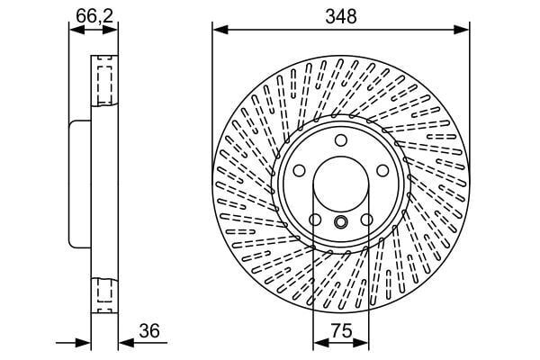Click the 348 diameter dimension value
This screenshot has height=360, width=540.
click(x=341, y=16)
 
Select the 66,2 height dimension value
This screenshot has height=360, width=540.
click(x=87, y=14)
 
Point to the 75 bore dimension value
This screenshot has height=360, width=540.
click(x=340, y=331)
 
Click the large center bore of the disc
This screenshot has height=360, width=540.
click(x=340, y=184)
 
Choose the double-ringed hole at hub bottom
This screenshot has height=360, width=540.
click(x=340, y=222)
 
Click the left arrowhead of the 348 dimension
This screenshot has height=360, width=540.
click(x=217, y=30)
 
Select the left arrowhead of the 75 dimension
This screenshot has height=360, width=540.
click(x=317, y=343)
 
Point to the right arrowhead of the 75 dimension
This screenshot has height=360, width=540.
click(x=364, y=343)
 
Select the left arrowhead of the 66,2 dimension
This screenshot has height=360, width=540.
click(x=74, y=30)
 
